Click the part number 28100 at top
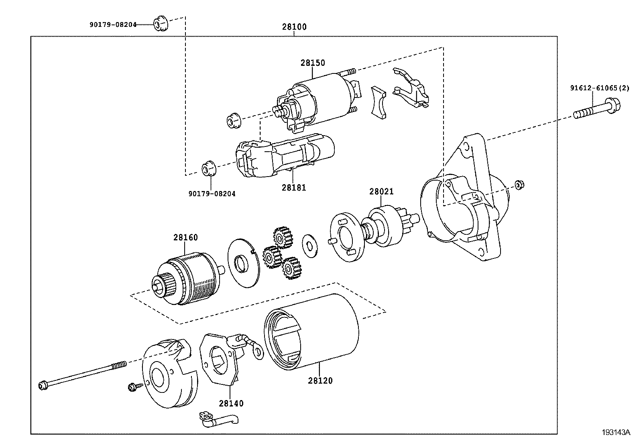294,27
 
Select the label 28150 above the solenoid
313,63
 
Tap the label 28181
293,187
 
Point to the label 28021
381,192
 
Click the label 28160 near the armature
185,237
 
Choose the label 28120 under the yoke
320,380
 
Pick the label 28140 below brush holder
231,403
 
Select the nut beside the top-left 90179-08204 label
161,24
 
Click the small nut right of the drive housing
520,185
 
